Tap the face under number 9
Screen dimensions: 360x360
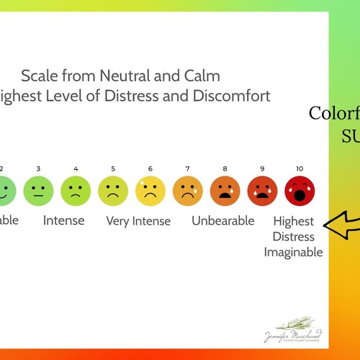(263, 191)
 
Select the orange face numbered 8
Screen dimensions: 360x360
(225, 191)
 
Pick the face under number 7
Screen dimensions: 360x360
(188, 191)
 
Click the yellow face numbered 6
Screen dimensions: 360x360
(150, 191)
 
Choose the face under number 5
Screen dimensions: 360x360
(113, 191)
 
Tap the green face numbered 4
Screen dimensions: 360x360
(76, 191)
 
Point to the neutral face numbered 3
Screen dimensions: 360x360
(38, 191)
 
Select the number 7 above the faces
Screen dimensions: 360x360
(188, 168)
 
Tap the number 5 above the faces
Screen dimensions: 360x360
(113, 168)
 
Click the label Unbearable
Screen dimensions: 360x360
(223, 220)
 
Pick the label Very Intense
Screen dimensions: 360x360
(138, 221)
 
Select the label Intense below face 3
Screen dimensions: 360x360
(63, 220)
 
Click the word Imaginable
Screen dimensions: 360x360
(293, 252)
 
